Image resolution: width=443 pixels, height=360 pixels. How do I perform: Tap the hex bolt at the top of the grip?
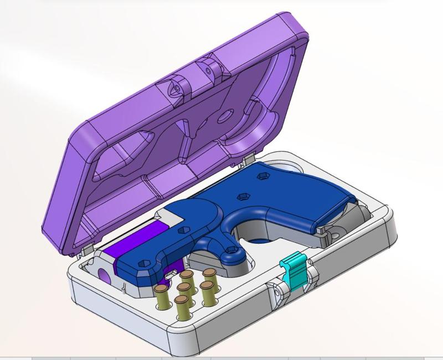point(261,177)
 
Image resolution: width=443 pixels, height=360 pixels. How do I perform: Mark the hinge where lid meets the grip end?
point(244,160)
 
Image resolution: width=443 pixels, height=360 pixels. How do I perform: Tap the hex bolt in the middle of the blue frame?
point(242,196)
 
